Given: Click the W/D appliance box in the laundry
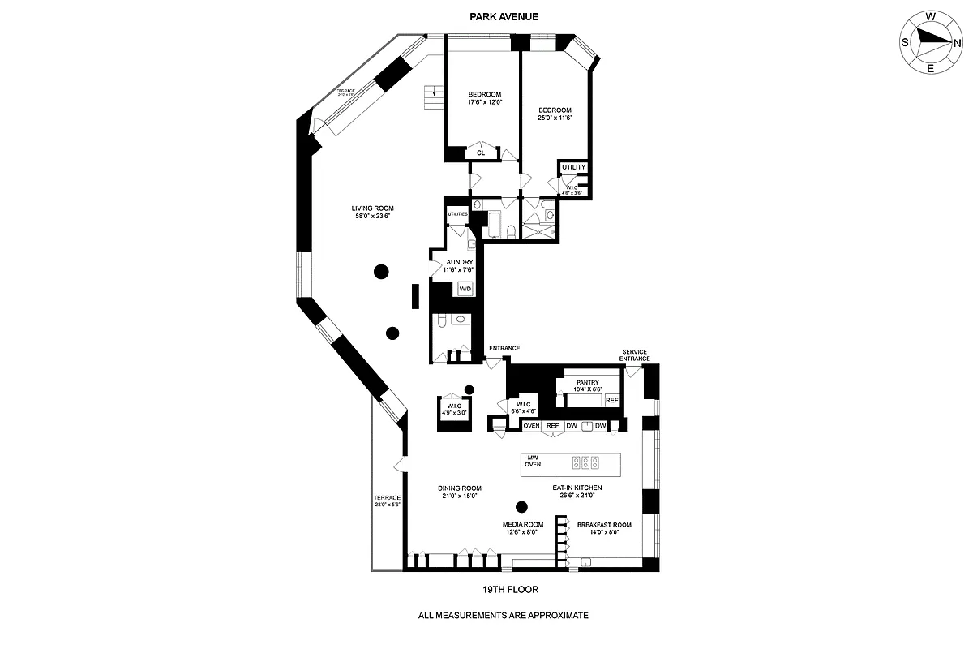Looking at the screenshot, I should (x=465, y=289).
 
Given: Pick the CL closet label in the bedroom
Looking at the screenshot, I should (x=481, y=152).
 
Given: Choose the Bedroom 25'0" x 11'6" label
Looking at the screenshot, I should (x=555, y=114).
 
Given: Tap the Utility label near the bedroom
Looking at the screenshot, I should (x=573, y=167).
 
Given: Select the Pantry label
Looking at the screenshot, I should (x=587, y=385).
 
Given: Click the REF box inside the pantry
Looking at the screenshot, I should (x=611, y=400).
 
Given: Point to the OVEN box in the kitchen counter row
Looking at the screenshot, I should (x=531, y=426).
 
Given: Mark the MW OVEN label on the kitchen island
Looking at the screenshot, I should (x=533, y=461).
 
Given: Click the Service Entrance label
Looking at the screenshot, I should (x=635, y=355).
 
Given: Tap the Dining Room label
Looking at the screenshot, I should (x=460, y=492).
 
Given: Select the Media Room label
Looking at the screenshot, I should (x=523, y=528).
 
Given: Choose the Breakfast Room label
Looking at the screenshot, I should (x=603, y=528).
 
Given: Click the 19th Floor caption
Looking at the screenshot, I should (x=510, y=590).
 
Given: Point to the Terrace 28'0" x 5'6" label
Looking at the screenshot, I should (x=388, y=501).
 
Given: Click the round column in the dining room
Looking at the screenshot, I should (x=522, y=507).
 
